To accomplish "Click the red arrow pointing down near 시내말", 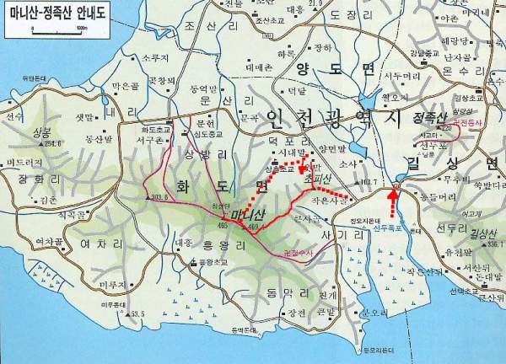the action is click(x=302, y=173).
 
